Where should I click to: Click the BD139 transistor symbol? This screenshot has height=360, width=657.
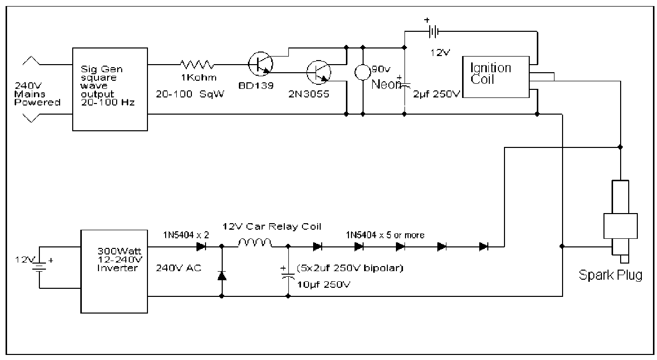coord(261,64)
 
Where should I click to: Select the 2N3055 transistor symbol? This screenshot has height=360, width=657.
coord(319,72)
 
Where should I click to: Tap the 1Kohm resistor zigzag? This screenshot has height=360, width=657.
coord(197,65)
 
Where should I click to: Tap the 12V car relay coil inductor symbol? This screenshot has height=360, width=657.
coord(255,243)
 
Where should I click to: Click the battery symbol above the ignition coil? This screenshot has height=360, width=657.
coord(433,31)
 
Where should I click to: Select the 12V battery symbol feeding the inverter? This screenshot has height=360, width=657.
coord(39,267)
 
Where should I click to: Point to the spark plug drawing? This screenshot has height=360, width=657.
coord(620,222)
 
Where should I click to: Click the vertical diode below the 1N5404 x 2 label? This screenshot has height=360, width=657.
coord(222,276)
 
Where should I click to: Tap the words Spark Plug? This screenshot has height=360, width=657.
coord(611,275)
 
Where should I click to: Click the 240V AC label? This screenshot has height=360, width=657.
coord(178,268)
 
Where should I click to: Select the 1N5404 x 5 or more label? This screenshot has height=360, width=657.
coord(385,235)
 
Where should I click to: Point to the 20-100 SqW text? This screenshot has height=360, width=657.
coord(190,94)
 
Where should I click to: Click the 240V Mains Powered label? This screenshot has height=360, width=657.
coord(37,94)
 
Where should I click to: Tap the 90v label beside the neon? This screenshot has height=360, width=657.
coord(381,69)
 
